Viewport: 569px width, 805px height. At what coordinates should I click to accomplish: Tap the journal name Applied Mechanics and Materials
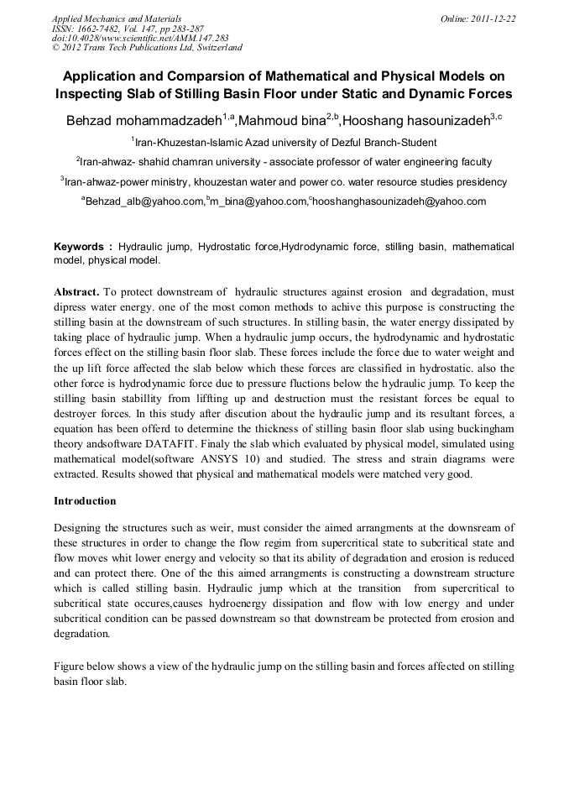pyautogui.click(x=117, y=18)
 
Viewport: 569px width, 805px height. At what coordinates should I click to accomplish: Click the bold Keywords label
pyautogui.click(x=83, y=248)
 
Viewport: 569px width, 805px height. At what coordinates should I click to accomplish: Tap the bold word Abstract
pyautogui.click(x=76, y=292)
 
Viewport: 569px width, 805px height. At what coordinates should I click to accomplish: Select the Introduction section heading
pyautogui.click(x=85, y=500)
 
